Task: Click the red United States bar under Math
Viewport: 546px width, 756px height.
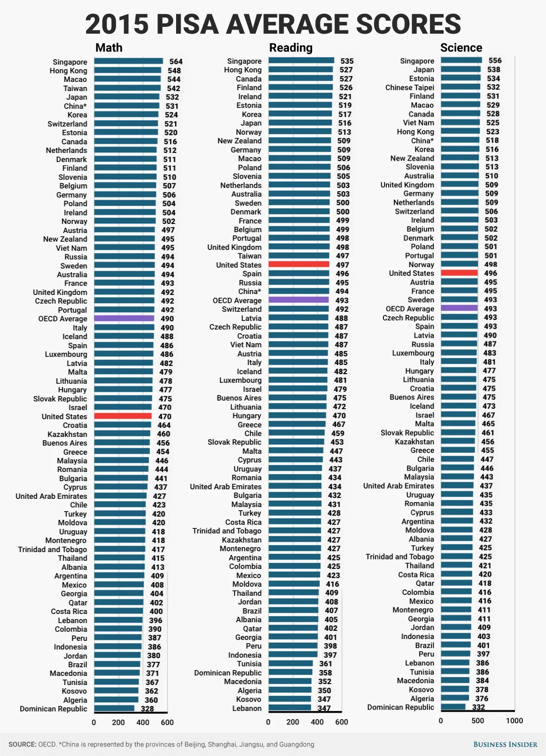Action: (x=123, y=416)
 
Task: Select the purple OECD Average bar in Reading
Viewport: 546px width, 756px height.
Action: (x=298, y=300)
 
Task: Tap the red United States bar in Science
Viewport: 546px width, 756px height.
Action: (x=459, y=273)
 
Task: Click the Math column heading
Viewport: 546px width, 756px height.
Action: (x=109, y=48)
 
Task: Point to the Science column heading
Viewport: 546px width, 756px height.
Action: (x=461, y=48)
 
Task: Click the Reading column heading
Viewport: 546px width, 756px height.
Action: (x=291, y=48)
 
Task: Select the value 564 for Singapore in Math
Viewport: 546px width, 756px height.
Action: (x=176, y=61)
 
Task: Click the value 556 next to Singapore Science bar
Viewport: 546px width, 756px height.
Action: (x=495, y=61)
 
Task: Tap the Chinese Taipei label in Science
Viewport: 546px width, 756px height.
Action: (x=409, y=87)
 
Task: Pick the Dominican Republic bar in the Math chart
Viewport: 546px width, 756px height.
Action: (x=114, y=708)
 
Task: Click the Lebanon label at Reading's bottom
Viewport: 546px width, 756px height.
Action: (x=247, y=708)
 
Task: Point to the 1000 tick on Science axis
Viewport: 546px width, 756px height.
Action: (x=514, y=720)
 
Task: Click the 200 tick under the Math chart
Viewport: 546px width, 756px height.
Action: (x=118, y=722)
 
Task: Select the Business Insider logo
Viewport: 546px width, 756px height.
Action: (x=505, y=745)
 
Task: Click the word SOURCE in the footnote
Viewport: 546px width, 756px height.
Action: (x=22, y=745)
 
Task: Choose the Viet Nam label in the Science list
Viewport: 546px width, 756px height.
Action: (x=418, y=123)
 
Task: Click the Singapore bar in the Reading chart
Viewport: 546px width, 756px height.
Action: (x=301, y=61)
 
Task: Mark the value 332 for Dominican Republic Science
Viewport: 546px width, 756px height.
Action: (x=478, y=707)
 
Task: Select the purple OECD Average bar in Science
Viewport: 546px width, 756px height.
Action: (x=459, y=308)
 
